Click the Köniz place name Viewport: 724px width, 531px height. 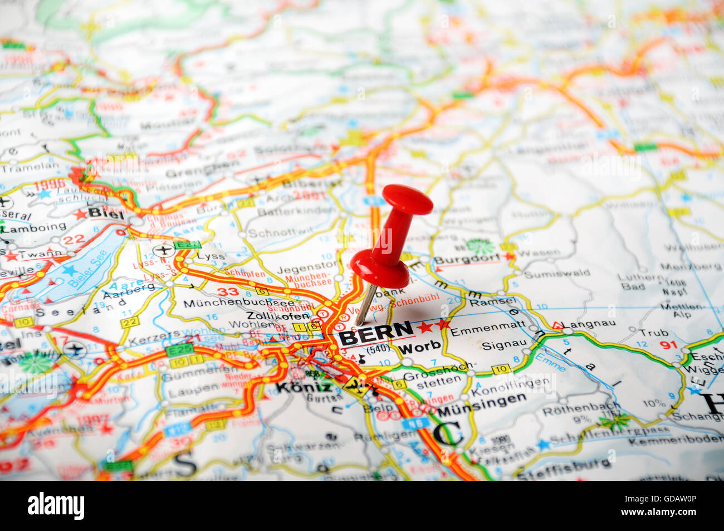[x=304, y=387]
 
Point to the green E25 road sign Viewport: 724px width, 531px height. [x=179, y=349]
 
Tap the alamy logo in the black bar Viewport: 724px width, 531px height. [x=56, y=506]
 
